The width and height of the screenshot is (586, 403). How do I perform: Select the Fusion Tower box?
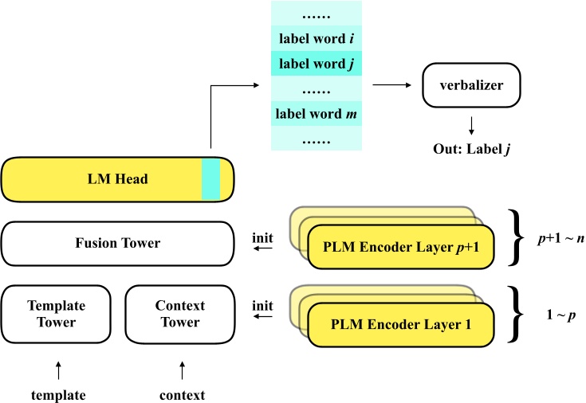pos(116,243)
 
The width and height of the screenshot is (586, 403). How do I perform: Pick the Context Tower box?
pos(179,313)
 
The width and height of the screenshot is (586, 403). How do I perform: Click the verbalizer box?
pos(471,84)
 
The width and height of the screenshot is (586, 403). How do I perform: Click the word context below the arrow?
pos(182,394)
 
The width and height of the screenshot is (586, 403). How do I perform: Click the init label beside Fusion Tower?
pos(262,237)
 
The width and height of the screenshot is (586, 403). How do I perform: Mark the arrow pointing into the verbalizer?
pos(391,84)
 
